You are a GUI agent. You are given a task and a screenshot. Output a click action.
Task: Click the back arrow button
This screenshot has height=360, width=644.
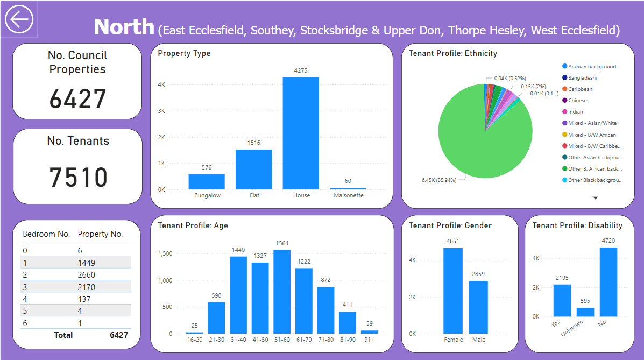(x=19, y=19)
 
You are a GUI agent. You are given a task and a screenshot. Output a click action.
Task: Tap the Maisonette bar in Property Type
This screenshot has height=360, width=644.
(x=348, y=188)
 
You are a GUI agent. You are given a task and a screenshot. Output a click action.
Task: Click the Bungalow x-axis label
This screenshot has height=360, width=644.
(x=207, y=195)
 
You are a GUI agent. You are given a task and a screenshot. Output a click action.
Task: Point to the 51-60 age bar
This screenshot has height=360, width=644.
(x=282, y=291)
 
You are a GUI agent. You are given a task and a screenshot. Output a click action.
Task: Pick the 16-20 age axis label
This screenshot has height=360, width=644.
(x=195, y=340)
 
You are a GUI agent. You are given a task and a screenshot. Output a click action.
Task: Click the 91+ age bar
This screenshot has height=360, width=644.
(x=369, y=332)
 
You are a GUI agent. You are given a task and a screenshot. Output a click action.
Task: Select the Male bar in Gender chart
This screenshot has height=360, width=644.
(x=478, y=307)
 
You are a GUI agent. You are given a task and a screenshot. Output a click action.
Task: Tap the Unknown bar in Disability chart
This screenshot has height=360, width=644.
(x=585, y=312)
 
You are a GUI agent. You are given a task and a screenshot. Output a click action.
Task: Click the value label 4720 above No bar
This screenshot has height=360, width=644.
(x=608, y=241)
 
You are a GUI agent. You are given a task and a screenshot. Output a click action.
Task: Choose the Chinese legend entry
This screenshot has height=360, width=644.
(x=577, y=101)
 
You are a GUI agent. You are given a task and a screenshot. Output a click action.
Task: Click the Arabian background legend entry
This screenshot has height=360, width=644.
(x=592, y=67)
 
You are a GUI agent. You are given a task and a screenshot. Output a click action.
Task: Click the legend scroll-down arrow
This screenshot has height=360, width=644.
(x=596, y=198)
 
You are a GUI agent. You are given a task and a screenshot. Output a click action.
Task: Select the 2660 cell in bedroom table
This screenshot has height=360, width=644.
(x=87, y=274)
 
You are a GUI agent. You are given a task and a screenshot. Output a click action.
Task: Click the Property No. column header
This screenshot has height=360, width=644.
(x=100, y=234)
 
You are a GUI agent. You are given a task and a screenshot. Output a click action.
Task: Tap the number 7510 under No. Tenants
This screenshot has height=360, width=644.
(x=79, y=177)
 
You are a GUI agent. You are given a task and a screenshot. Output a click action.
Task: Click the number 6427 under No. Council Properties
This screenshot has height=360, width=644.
(x=78, y=99)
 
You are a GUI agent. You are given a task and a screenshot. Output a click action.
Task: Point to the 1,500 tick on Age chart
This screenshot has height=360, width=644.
(x=166, y=253)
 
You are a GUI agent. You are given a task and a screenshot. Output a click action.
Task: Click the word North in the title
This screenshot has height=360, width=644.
(x=124, y=26)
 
